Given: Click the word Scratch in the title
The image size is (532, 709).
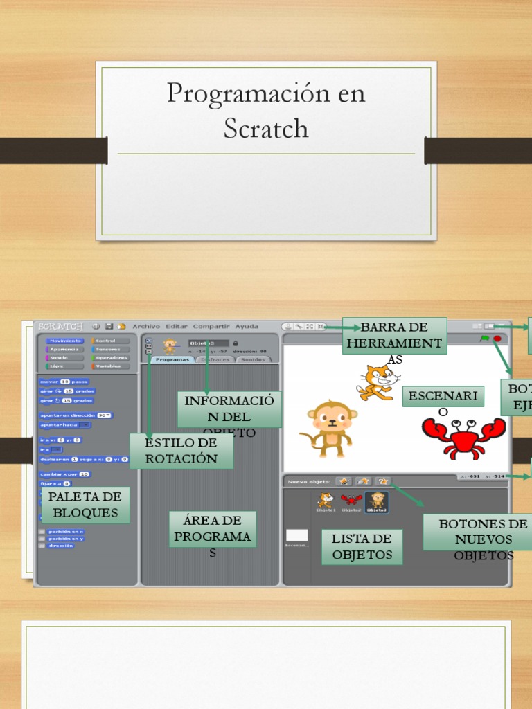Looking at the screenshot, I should pos(266,129).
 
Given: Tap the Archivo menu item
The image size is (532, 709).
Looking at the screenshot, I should pos(146,327).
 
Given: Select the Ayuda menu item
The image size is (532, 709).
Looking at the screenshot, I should pos(247,327).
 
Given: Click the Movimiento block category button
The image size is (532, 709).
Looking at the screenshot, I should pos(65,341).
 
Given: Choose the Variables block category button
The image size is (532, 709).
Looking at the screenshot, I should pos(110,366).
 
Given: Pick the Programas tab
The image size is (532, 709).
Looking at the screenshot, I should pos(172,360).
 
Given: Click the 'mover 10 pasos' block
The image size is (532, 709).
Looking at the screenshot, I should pos(64,382).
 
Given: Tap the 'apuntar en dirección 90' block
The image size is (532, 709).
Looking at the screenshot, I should pos(76,415).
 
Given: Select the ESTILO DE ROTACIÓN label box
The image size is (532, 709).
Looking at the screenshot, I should pos(181,451).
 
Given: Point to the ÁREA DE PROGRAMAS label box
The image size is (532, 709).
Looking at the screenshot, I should pos(213,529).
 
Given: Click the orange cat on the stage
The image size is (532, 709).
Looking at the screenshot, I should pos(377,382).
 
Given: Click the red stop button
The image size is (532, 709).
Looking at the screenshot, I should pos(497,339).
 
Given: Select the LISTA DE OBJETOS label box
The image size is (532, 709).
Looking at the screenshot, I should pos(362,546).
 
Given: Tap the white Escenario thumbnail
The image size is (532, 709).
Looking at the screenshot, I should pos(296,535).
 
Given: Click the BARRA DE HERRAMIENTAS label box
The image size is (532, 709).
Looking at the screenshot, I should pos(395,336).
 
